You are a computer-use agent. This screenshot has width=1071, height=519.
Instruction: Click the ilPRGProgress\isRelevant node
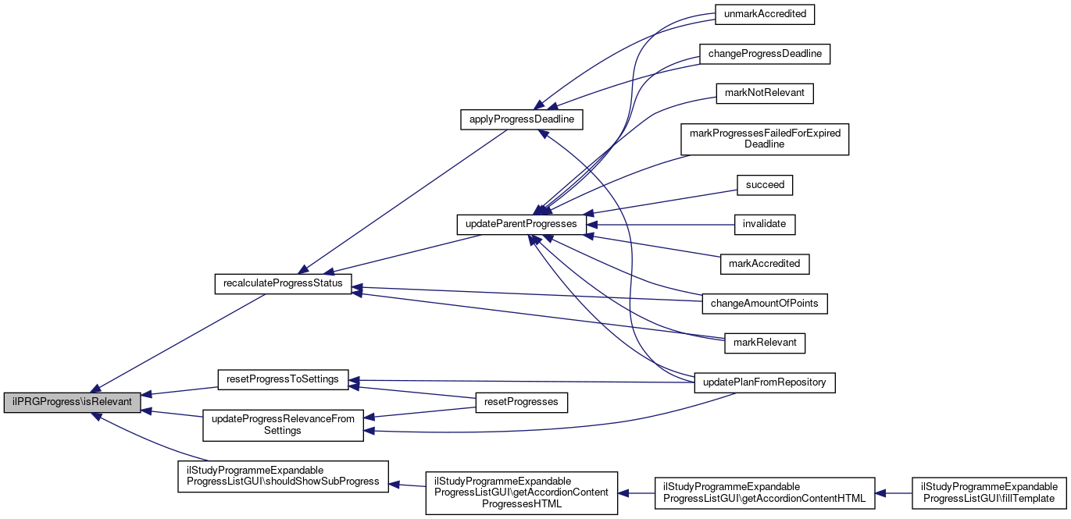click(73, 403)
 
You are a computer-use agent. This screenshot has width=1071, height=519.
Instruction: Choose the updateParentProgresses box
click(520, 224)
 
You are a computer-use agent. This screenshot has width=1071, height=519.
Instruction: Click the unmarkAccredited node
click(766, 14)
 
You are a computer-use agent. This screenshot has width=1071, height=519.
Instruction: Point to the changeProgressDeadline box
click(764, 54)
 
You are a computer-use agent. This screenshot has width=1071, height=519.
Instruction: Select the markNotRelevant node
click(765, 94)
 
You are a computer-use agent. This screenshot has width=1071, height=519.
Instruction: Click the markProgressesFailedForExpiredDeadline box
click(764, 139)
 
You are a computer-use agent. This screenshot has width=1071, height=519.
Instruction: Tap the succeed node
click(765, 185)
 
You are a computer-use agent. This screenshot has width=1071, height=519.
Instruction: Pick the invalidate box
click(765, 224)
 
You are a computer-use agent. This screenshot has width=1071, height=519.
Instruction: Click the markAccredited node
click(764, 264)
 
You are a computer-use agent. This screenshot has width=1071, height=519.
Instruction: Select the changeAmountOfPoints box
click(765, 304)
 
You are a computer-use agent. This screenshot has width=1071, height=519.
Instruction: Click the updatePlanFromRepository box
click(765, 382)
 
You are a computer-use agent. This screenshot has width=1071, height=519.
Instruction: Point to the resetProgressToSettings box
click(282, 379)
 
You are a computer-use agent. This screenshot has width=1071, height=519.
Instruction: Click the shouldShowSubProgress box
click(283, 475)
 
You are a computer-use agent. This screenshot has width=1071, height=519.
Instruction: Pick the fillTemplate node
click(990, 492)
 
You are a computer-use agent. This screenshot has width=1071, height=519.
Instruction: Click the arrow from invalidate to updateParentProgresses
click(664, 224)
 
